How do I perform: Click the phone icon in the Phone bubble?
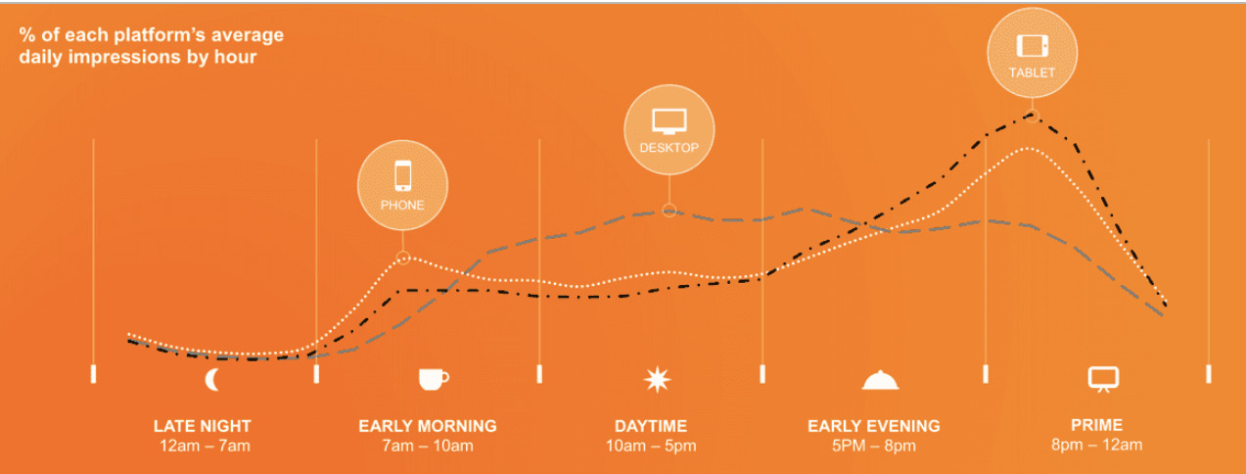click(x=402, y=176)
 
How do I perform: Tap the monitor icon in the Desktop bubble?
click(x=669, y=121)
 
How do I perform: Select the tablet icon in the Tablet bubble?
click(x=1033, y=46)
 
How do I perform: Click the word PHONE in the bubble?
click(x=402, y=206)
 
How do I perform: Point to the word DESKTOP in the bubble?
click(x=669, y=148)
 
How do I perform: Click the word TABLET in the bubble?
click(x=1032, y=72)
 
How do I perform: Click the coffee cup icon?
click(x=434, y=379)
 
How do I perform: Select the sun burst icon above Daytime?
click(x=657, y=379)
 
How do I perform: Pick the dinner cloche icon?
click(x=880, y=381)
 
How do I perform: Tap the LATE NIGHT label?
click(x=203, y=426)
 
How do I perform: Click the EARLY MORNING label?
click(x=428, y=426)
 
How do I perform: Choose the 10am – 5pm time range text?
click(x=651, y=446)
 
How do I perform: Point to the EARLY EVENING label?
click(x=874, y=426)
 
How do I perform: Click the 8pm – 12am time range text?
click(x=1097, y=445)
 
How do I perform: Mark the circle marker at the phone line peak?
click(x=403, y=258)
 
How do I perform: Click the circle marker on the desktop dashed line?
click(x=669, y=211)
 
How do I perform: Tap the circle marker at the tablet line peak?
click(x=1033, y=117)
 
